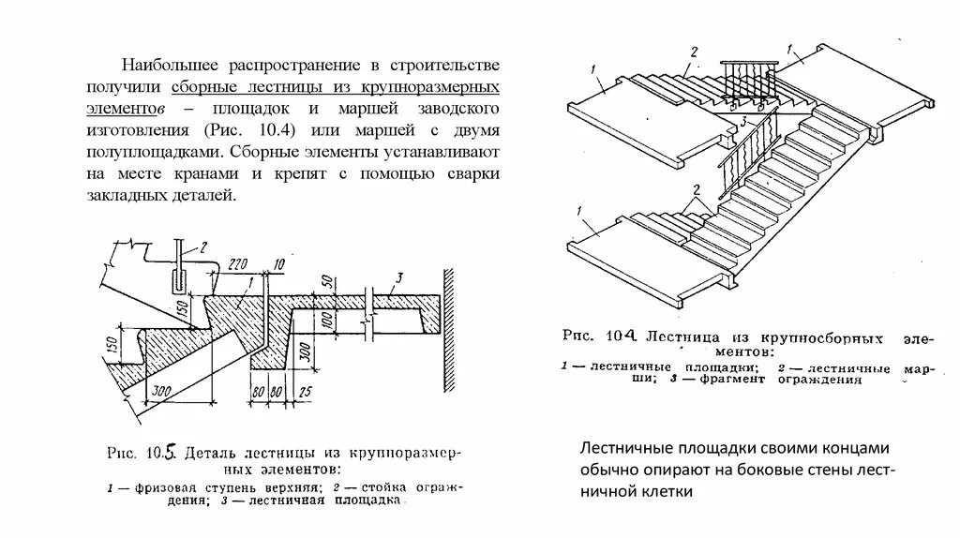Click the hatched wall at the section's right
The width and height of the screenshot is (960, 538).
(x=450, y=328)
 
